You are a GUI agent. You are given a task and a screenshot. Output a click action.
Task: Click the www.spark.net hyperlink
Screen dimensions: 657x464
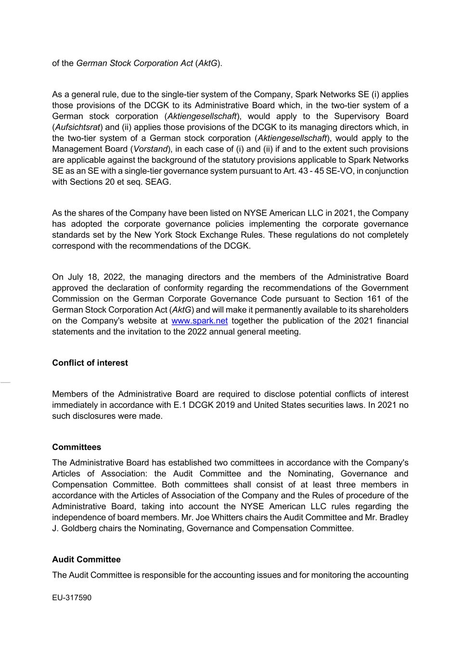pyautogui.click(x=199, y=321)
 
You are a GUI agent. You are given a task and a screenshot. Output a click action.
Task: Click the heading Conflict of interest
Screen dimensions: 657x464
pyautogui.click(x=90, y=363)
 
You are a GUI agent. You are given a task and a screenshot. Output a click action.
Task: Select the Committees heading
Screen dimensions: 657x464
pyautogui.click(x=77, y=447)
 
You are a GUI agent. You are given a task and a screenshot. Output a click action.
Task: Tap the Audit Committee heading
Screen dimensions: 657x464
pyautogui.click(x=86, y=559)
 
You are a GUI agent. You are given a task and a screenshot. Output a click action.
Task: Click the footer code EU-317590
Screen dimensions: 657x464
pyautogui.click(x=72, y=598)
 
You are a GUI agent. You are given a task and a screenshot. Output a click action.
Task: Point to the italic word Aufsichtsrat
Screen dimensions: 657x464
pyautogui.click(x=77, y=127)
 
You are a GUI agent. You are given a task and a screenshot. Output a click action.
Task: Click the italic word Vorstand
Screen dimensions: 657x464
pyautogui.click(x=150, y=149)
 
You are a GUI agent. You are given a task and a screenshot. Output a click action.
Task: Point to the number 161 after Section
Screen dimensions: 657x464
pyautogui.click(x=374, y=299)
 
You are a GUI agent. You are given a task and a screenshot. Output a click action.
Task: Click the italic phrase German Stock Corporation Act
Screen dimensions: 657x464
pyautogui.click(x=135, y=63)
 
